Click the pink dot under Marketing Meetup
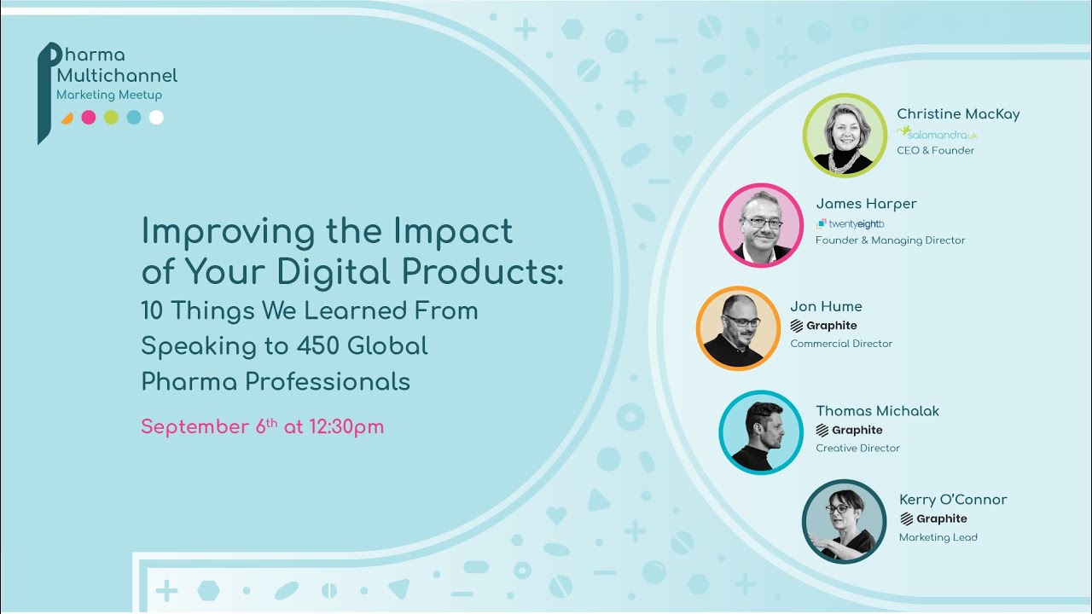89,118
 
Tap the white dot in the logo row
156,118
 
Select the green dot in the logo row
111,118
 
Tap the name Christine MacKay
958,114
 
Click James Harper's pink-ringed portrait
761,225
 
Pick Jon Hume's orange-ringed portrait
738,328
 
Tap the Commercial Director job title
841,344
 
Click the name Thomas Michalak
877,411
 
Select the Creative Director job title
857,448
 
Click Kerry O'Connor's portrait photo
845,521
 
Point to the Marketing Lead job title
938,537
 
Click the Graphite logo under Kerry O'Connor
933,518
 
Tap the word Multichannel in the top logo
117,76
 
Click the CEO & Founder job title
935,151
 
